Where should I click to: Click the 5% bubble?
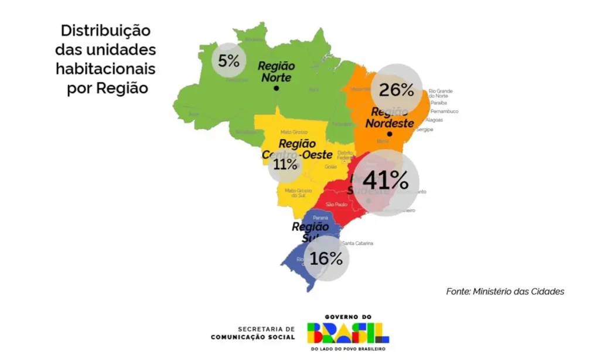[229, 60]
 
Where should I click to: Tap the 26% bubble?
[397, 89]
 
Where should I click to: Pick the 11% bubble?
[285, 165]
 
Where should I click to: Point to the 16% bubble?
[326, 258]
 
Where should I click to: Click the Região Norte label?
[277, 72]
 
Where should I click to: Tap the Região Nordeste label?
[390, 119]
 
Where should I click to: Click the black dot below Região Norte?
[277, 89]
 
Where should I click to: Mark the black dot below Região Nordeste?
[390, 134]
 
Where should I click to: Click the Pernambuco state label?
[444, 111]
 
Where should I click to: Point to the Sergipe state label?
[425, 130]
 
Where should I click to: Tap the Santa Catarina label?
[357, 243]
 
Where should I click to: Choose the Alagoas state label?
[434, 120]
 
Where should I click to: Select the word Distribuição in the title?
[105, 30]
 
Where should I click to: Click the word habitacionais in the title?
[105, 69]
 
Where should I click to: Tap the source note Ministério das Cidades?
[505, 291]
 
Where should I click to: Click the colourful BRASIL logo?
[348, 331]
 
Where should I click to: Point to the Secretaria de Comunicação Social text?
[253, 333]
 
